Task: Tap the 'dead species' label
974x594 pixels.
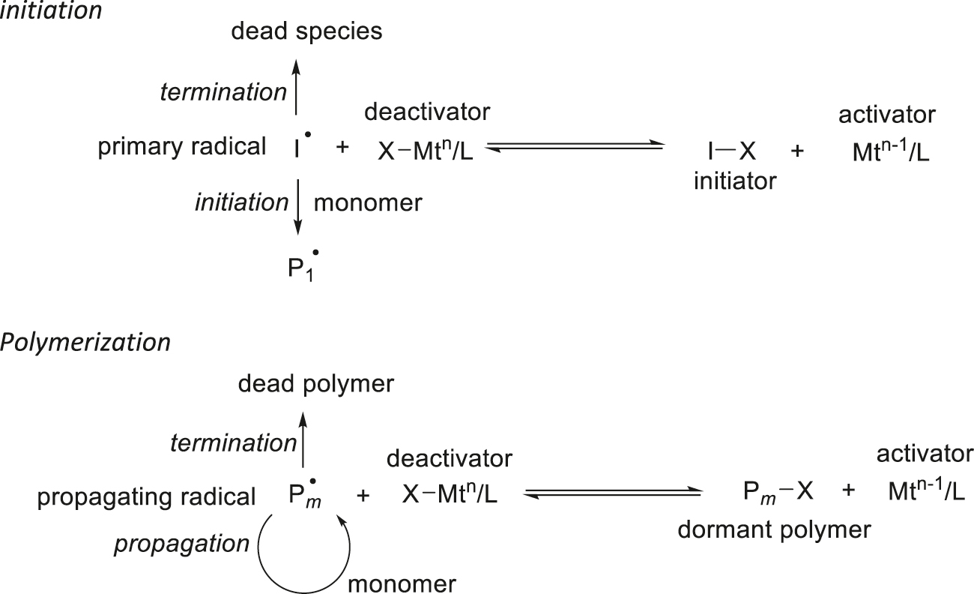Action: (x=307, y=31)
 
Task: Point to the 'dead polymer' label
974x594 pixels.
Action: (x=315, y=384)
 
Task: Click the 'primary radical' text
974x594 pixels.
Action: (x=182, y=147)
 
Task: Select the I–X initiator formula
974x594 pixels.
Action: (x=734, y=151)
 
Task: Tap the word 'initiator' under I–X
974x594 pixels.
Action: (x=735, y=181)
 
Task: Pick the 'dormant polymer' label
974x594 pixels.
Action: (x=774, y=529)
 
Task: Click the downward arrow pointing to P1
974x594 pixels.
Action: (x=298, y=205)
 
